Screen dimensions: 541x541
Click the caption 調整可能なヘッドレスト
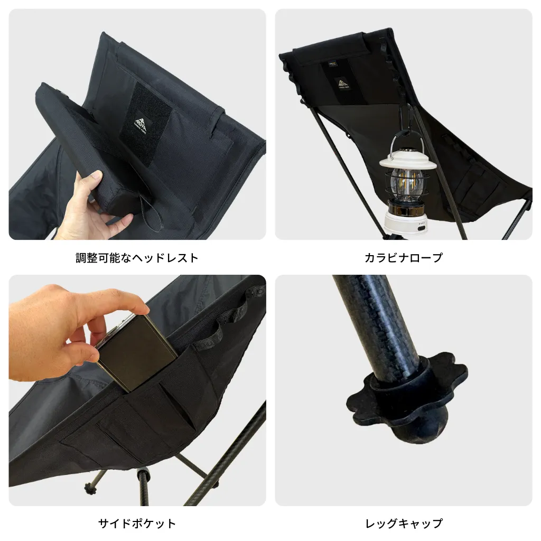click(137, 258)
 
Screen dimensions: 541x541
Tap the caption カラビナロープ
click(404, 258)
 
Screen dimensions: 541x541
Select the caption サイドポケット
click(137, 524)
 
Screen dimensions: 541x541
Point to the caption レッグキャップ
click(404, 524)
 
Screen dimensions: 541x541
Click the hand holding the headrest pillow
click(85, 206)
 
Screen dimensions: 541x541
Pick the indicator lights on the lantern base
click(421, 227)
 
